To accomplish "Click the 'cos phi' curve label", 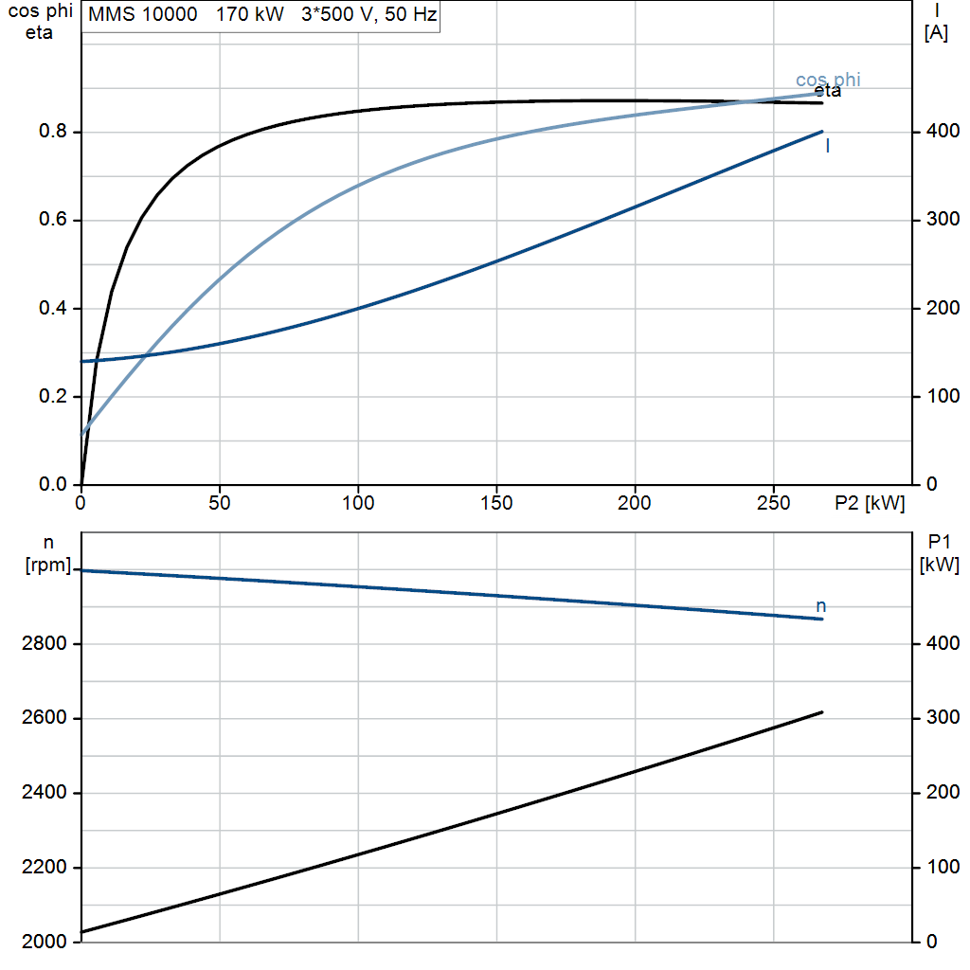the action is [x=828, y=80].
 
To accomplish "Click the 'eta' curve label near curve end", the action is [x=828, y=92].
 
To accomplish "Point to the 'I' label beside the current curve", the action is [x=828, y=146].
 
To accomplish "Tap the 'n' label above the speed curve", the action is [x=821, y=606].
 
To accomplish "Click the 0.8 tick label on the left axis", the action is [x=53, y=131].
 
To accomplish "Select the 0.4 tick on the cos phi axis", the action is [x=53, y=308].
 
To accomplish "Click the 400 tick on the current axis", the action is [x=943, y=131].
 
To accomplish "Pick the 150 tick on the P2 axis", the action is [x=496, y=503].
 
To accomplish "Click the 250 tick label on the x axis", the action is [x=773, y=503].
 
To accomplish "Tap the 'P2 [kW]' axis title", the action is [x=870, y=503].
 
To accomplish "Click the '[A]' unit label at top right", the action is [x=936, y=33].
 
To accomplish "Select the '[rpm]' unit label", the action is [x=48, y=565].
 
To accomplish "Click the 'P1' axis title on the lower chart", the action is [x=939, y=542].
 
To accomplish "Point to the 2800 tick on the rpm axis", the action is [x=44, y=643].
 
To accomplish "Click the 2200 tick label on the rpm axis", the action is [x=44, y=868].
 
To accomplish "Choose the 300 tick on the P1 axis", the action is [x=943, y=718].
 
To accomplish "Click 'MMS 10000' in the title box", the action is [x=143, y=14].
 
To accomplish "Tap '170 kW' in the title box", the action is [x=250, y=14].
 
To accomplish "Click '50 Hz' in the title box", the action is [x=411, y=14].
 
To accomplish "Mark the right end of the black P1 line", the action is [x=822, y=712].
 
